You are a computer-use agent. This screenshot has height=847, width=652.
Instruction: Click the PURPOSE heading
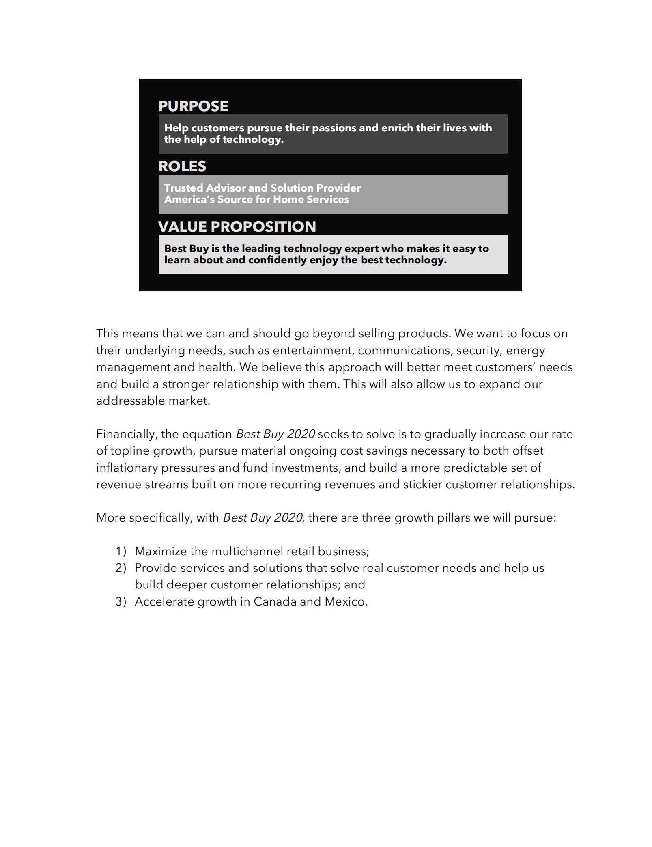point(193,106)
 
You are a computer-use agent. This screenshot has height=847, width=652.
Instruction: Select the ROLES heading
point(182,166)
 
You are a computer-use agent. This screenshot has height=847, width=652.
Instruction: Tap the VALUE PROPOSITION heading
point(237,226)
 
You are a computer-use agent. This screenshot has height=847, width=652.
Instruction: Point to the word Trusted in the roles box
point(183,188)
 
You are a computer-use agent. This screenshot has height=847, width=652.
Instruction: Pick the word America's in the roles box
point(189,199)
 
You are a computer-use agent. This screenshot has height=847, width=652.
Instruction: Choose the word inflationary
point(127,468)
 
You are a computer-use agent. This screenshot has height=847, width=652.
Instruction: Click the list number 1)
point(121,551)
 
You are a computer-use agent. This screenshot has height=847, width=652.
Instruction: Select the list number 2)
point(121,568)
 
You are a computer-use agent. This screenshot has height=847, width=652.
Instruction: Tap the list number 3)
point(121,601)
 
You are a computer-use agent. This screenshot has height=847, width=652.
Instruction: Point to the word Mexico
point(345,601)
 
